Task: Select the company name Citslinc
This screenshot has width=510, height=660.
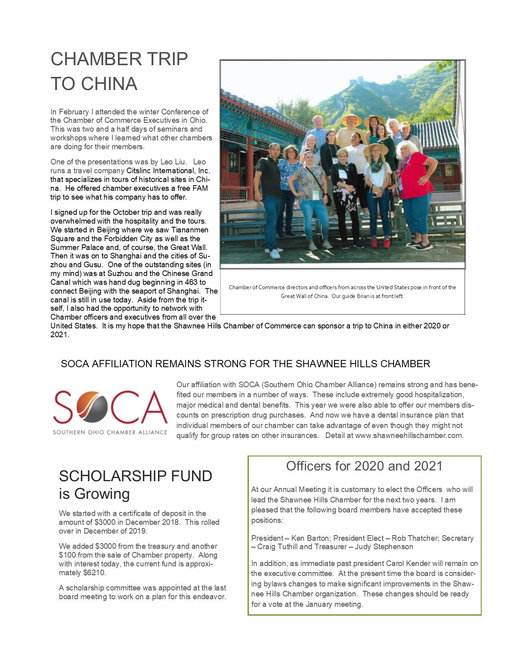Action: pyautogui.click(x=140, y=171)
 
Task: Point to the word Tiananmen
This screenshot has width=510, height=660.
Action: pyautogui.click(x=190, y=230)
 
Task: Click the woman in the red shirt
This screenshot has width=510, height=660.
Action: pyautogui.click(x=415, y=176)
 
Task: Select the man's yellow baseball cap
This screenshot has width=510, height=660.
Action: pyautogui.click(x=405, y=124)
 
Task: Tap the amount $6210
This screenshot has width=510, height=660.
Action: pyautogui.click(x=95, y=573)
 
